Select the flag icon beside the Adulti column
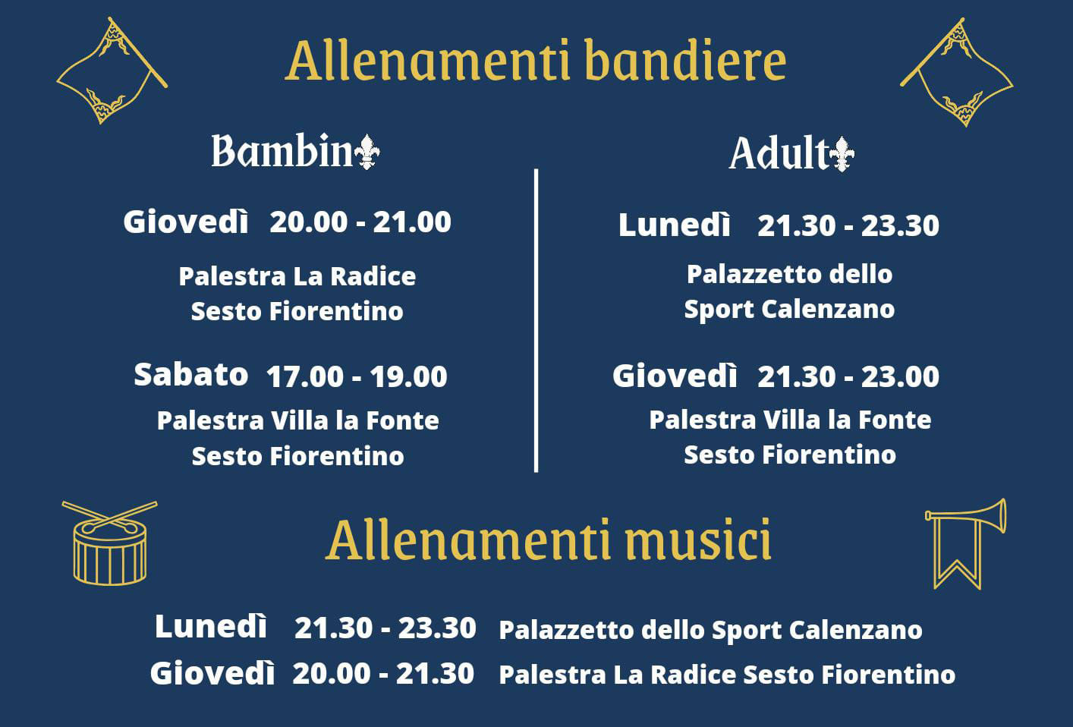[x=957, y=72]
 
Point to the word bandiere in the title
[x=685, y=61]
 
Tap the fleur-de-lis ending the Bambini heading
[x=367, y=152]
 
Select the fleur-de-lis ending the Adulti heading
[x=842, y=154]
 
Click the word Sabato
[x=190, y=374]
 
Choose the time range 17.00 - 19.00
[x=357, y=376]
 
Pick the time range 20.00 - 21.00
[x=360, y=222]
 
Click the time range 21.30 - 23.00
[x=848, y=376]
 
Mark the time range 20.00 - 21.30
[x=383, y=674]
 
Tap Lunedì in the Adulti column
[x=675, y=225]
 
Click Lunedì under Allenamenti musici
[x=211, y=626]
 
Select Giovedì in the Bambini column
[x=186, y=222]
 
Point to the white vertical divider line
[x=536, y=320]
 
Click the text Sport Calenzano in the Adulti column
[x=789, y=310]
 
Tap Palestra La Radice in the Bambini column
[x=297, y=276]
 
